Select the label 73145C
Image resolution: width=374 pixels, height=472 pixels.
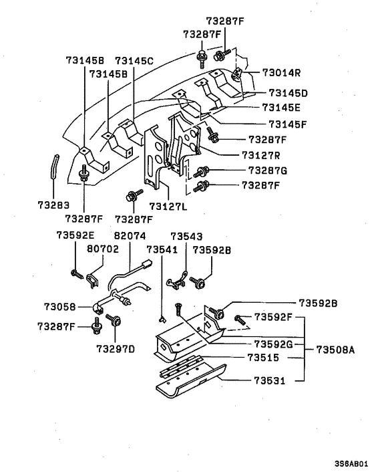[134, 61]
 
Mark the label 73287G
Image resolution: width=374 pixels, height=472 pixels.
[267, 170]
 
